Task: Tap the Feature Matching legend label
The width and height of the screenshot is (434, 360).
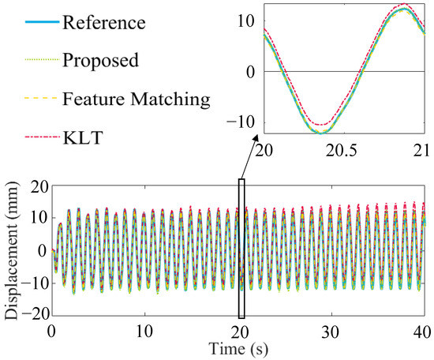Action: pyautogui.click(x=146, y=99)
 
